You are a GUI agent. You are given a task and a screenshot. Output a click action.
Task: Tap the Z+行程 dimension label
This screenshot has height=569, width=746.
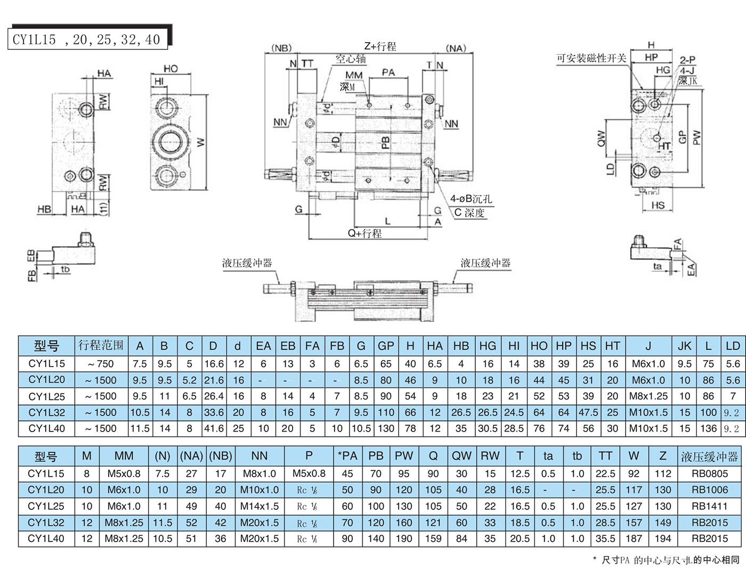point(380,46)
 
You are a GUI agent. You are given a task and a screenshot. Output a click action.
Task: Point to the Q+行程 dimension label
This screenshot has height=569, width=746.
point(364,233)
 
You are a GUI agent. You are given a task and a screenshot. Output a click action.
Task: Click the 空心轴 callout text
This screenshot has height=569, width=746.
point(351,59)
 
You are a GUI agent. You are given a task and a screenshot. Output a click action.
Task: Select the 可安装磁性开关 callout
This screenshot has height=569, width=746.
point(591,58)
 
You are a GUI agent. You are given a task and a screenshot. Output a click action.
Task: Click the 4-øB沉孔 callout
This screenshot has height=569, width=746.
point(471,199)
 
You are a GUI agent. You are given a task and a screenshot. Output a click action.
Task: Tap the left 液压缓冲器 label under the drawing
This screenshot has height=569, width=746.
point(247,263)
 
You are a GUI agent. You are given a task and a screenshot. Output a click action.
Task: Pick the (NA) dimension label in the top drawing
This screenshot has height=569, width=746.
point(456,48)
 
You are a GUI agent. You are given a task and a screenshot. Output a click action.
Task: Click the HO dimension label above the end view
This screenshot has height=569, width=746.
point(171,69)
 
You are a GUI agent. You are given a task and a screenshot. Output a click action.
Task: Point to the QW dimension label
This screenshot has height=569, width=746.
point(601,138)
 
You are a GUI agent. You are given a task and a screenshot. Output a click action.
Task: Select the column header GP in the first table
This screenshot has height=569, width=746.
point(385,346)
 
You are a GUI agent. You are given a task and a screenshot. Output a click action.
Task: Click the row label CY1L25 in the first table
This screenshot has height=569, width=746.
point(47,396)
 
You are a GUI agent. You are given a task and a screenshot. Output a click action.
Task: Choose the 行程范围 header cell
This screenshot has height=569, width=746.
point(101,345)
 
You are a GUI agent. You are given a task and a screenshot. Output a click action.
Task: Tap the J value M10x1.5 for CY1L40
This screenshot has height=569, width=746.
point(648,428)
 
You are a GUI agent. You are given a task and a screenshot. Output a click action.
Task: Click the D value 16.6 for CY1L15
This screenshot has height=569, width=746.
point(214,364)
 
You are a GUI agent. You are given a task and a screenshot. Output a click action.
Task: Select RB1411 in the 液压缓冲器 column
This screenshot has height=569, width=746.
point(709,506)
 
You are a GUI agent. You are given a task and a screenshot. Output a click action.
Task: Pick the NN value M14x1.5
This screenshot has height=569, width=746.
point(260,506)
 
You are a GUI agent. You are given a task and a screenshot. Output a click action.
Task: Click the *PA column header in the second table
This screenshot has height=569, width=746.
point(347,456)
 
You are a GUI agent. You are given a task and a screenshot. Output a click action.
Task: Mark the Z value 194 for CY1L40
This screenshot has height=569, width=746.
point(663,539)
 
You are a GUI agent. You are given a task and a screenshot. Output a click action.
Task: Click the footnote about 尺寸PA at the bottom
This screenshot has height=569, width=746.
point(666,560)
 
